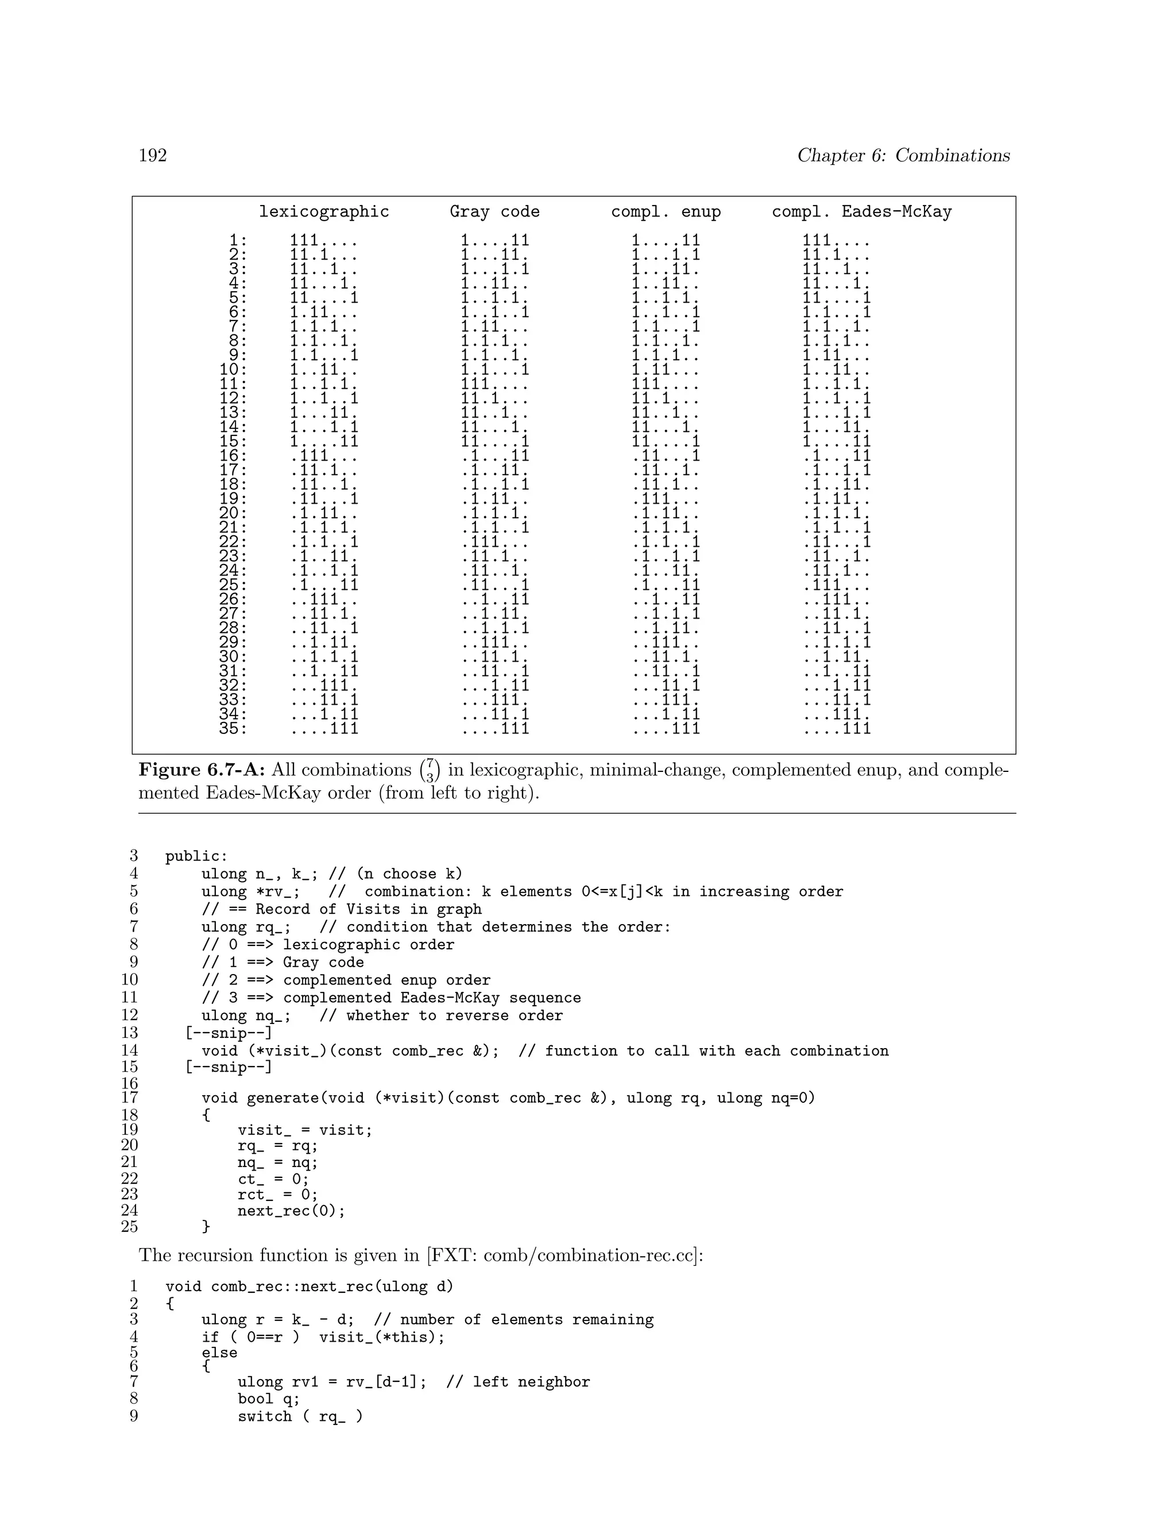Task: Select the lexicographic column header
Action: coord(324,212)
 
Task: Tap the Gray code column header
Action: coord(494,212)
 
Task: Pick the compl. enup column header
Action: coord(666,212)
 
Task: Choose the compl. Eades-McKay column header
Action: coord(862,212)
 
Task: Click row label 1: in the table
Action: coord(238,241)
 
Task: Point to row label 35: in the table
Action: coord(233,729)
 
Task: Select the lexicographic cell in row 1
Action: coord(324,241)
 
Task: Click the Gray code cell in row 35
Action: coord(496,729)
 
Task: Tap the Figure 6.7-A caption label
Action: coord(202,770)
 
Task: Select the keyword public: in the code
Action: coord(196,856)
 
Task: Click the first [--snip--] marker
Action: coord(229,1033)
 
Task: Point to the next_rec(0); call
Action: coord(291,1211)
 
